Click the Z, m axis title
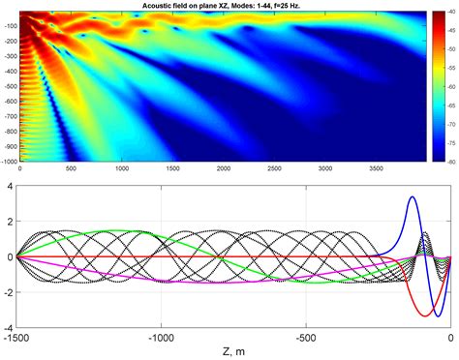pos(232,350)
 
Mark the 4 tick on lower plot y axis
pos(8,185)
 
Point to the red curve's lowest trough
pos(427,315)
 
